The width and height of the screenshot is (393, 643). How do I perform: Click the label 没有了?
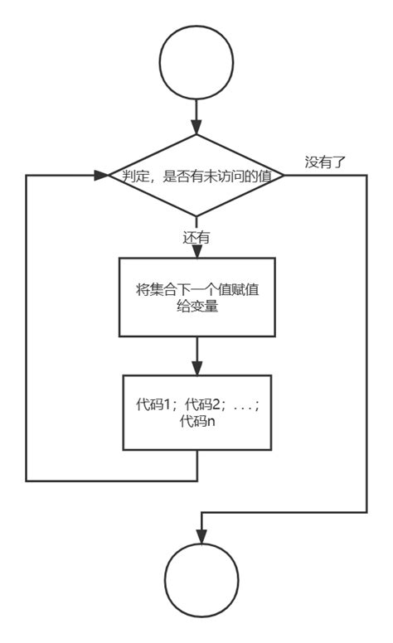(325, 162)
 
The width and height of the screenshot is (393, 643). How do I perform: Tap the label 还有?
(196, 237)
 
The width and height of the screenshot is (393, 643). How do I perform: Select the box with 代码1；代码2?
(196, 412)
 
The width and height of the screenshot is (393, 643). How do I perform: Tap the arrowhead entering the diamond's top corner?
(196, 128)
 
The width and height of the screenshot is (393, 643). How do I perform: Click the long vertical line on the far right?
(366, 348)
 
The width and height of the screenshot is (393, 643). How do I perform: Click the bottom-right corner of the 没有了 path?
(366, 513)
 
